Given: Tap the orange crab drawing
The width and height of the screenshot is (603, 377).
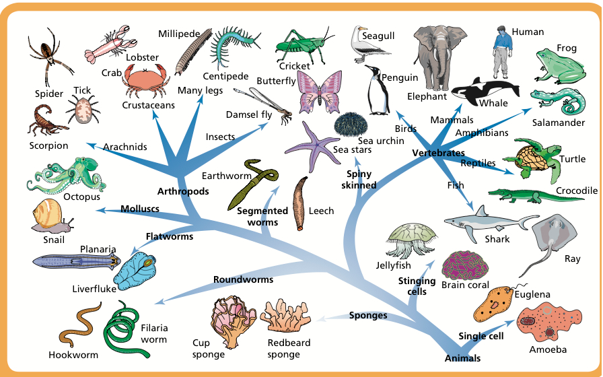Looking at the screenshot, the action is click(x=145, y=80).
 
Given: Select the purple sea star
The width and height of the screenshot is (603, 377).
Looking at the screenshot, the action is click(x=310, y=146).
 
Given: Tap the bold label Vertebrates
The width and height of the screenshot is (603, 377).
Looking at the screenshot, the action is click(x=438, y=153).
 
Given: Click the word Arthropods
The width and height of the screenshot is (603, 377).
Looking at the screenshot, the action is click(x=183, y=191).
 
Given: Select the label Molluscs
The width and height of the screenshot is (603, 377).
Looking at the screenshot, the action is click(x=140, y=209).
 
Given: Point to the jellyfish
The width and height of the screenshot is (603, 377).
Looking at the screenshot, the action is click(x=411, y=240).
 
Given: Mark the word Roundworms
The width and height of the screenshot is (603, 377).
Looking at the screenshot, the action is click(x=244, y=279).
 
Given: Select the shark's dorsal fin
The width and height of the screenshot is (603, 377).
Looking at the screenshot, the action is click(x=481, y=212).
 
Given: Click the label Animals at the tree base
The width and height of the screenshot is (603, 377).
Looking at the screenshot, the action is click(x=462, y=358).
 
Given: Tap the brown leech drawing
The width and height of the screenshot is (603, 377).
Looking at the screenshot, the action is click(x=300, y=203).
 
